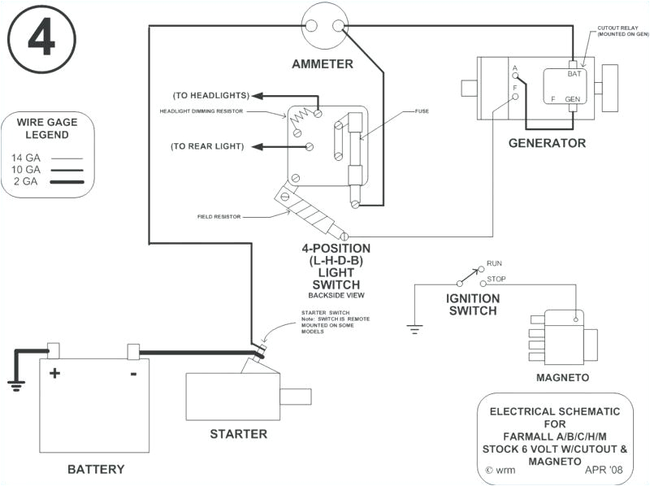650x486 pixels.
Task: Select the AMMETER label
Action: click(323, 63)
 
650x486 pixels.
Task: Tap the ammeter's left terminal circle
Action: click(312, 25)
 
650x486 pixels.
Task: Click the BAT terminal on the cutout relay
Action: click(574, 74)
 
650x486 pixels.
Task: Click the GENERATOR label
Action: click(547, 143)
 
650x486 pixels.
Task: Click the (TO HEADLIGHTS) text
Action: click(210, 95)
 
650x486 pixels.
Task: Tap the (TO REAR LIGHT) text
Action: click(210, 146)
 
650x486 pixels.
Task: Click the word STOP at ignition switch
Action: click(496, 280)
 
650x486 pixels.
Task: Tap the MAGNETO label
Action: click(561, 378)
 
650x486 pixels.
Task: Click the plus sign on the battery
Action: click(55, 373)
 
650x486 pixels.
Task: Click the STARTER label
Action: click(238, 434)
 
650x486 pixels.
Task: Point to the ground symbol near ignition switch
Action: click(414, 329)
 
